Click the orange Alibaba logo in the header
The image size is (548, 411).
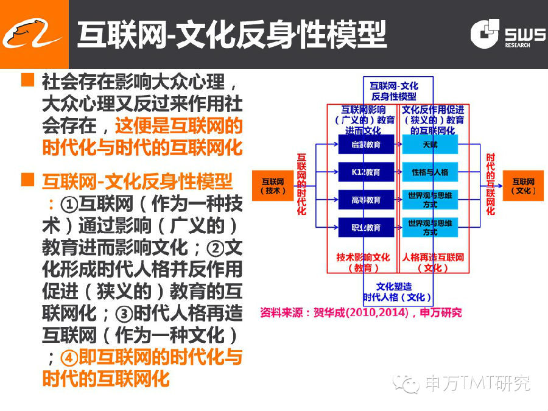click(33, 33)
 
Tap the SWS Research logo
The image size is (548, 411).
click(508, 34)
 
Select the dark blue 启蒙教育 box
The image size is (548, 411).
click(366, 144)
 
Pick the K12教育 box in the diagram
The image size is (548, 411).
click(366, 172)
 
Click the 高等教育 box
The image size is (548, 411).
click(366, 200)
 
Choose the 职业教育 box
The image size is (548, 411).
click(366, 227)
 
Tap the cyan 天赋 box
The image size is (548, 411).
click(429, 144)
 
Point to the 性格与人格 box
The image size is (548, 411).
click(429, 172)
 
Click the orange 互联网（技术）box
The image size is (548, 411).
click(273, 186)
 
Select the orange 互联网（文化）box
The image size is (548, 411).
click(523, 186)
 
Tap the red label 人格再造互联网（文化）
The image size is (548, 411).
click(433, 262)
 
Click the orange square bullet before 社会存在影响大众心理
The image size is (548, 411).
click(27, 80)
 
